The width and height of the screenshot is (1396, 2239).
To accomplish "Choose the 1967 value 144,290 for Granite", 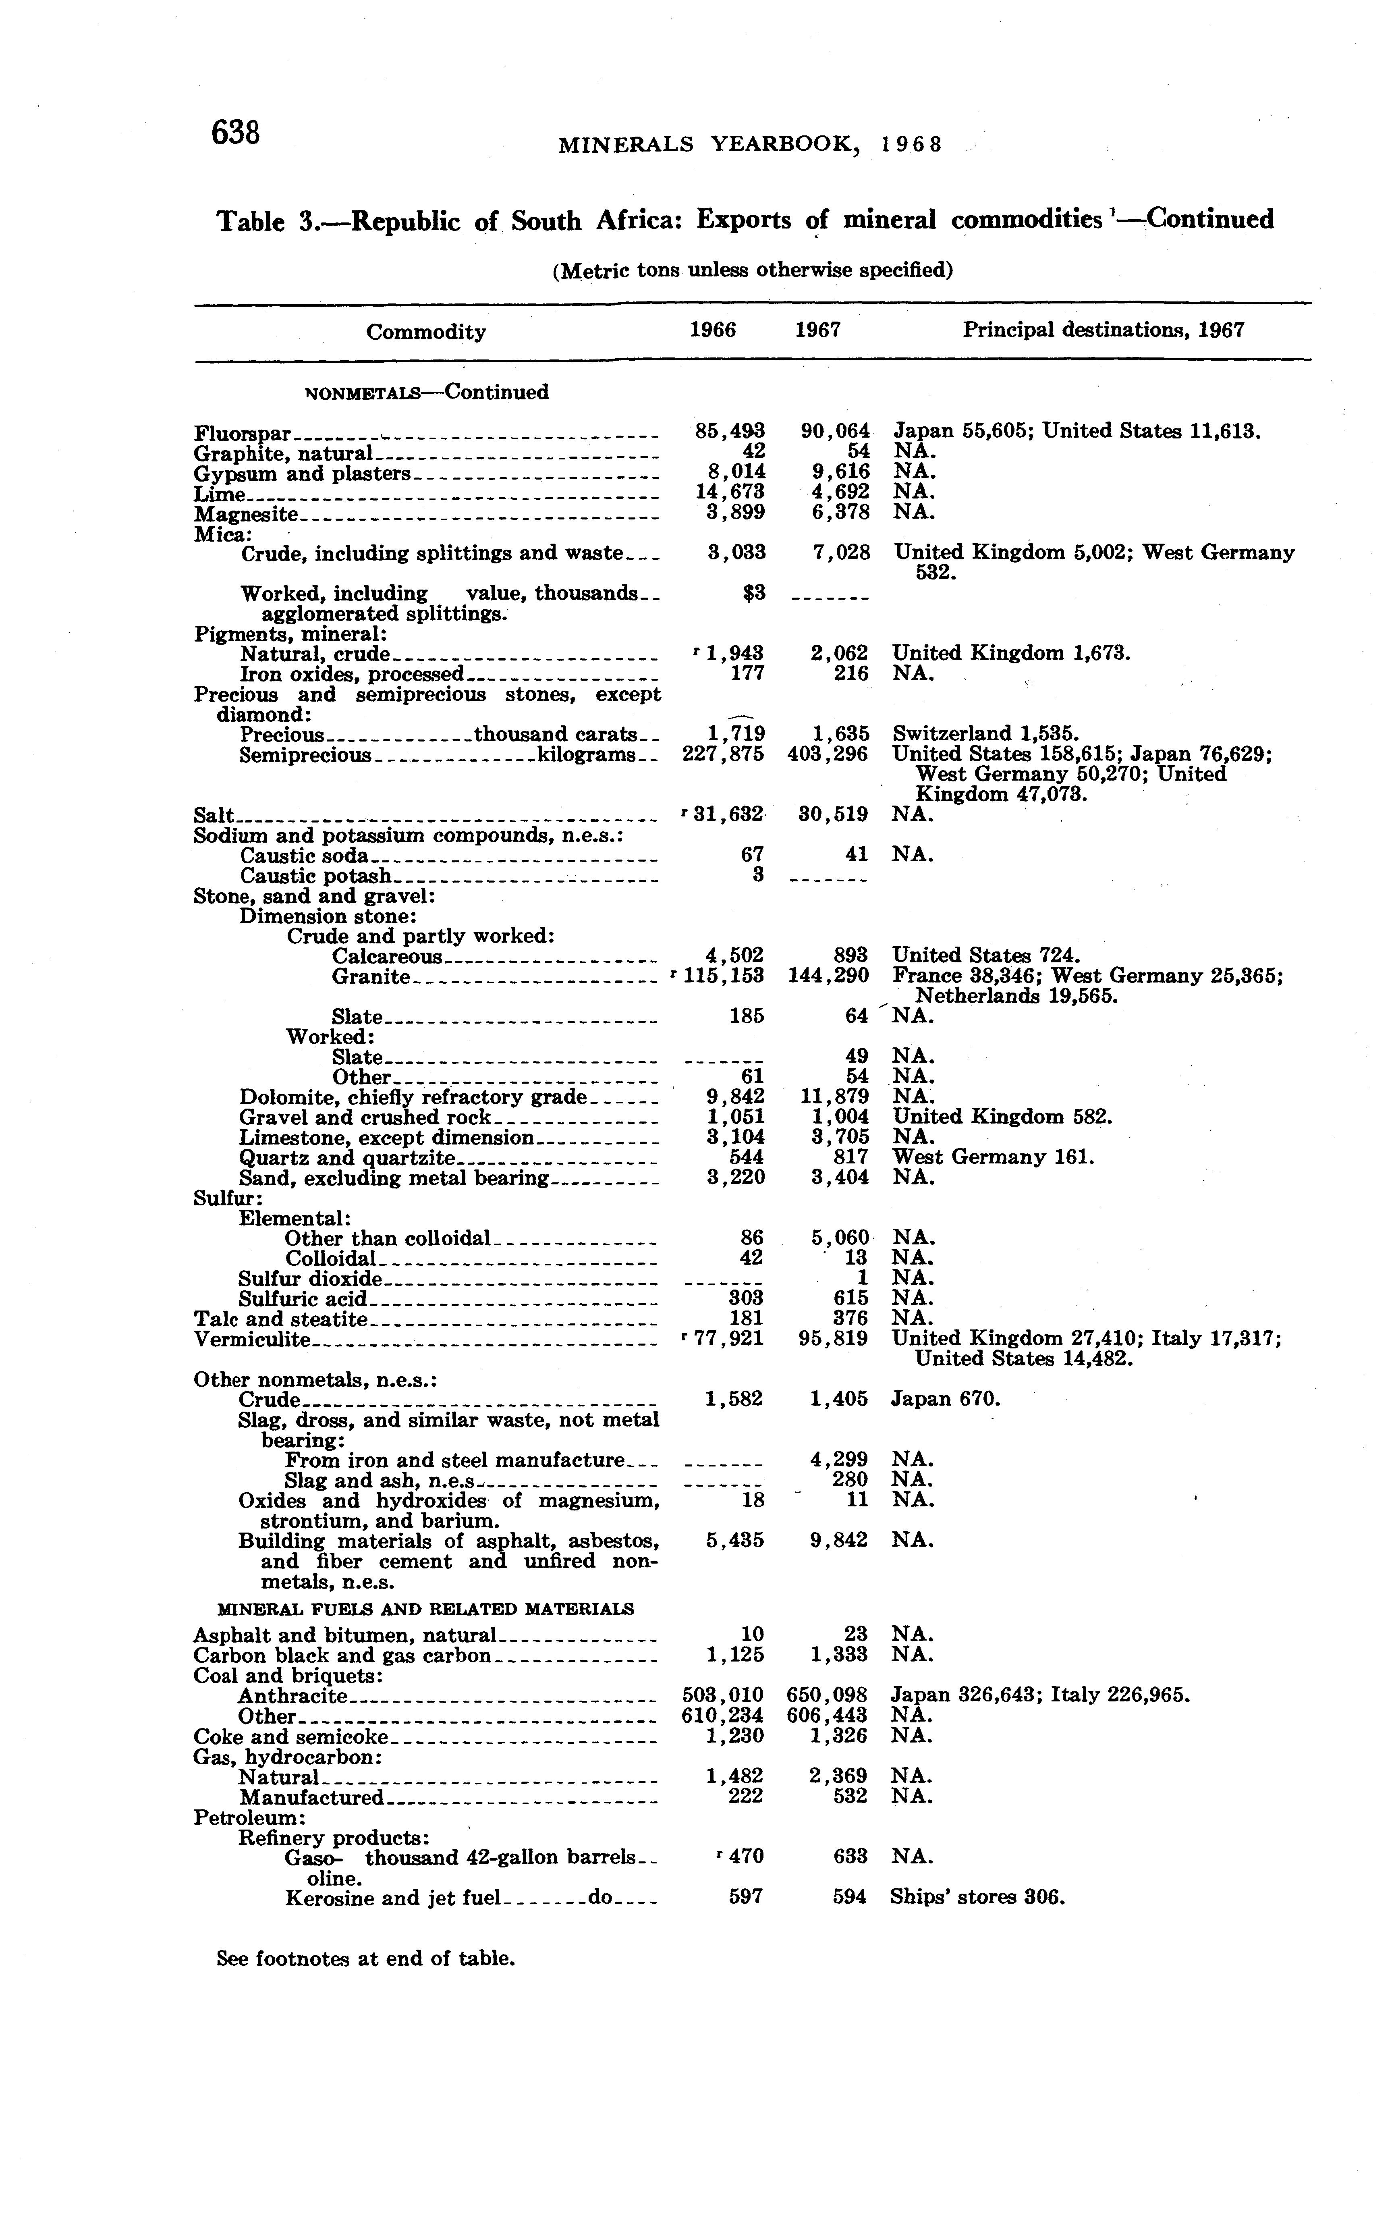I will (x=827, y=976).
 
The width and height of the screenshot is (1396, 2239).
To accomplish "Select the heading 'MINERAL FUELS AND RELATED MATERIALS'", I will (x=425, y=1608).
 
